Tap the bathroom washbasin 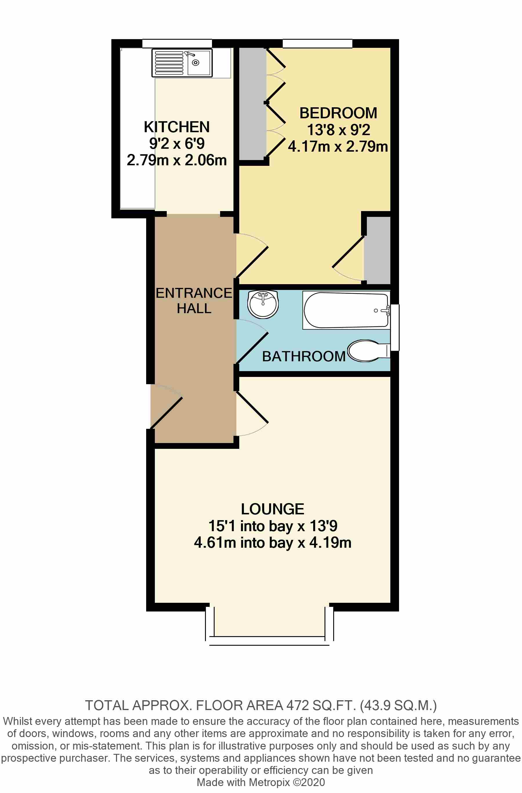[x=263, y=304]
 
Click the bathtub [x=346, y=310]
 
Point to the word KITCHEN [x=177, y=127]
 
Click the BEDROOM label [x=338, y=113]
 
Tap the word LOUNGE [x=272, y=509]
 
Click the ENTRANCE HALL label [x=194, y=301]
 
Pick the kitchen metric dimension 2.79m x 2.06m [x=177, y=160]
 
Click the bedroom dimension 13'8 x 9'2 [x=338, y=130]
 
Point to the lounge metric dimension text [x=272, y=542]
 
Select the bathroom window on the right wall [x=395, y=327]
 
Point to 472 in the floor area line [x=298, y=705]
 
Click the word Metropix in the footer [x=269, y=782]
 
